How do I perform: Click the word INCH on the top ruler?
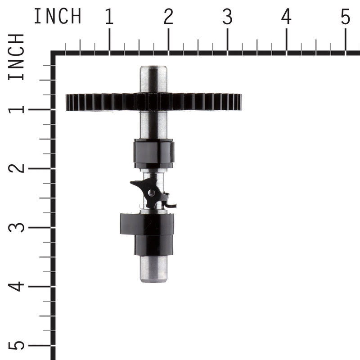point(58,17)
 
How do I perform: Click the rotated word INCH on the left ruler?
point(17,58)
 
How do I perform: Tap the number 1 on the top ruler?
point(109,17)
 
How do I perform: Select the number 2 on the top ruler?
point(168,17)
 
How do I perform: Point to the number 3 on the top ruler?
point(227,17)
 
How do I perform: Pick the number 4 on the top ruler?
point(286,17)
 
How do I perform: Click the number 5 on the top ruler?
point(345,17)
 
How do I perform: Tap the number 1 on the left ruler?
point(17,109)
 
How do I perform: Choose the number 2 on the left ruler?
point(17,168)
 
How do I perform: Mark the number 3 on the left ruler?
point(17,227)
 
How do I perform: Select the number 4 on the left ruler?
point(17,286)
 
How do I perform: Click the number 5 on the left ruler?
point(17,345)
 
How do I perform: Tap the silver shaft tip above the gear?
point(153,79)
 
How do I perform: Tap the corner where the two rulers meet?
point(54,54)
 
